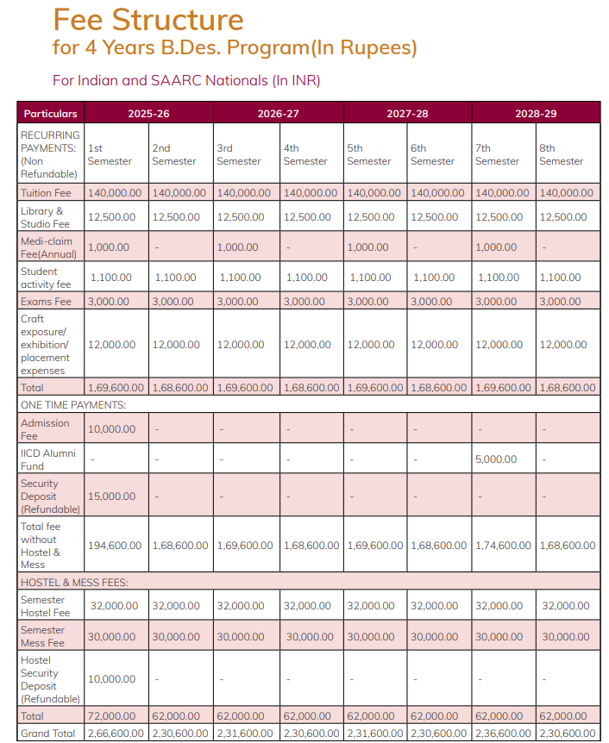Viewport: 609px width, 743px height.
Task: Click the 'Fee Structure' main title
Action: (148, 19)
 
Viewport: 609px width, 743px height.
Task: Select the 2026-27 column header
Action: (278, 113)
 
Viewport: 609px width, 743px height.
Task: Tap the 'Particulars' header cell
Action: (50, 113)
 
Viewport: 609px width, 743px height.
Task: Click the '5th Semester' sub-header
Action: (368, 154)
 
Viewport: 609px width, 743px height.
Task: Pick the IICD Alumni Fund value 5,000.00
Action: (496, 459)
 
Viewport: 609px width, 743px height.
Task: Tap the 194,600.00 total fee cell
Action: (115, 546)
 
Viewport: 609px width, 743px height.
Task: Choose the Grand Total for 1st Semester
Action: (116, 733)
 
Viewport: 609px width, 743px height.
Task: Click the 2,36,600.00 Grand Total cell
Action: (503, 733)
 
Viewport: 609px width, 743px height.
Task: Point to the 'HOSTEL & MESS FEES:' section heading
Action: (74, 583)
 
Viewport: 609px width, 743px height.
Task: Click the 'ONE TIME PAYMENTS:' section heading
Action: (73, 404)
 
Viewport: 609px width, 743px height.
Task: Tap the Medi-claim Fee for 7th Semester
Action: (496, 247)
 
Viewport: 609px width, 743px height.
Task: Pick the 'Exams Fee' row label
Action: (46, 302)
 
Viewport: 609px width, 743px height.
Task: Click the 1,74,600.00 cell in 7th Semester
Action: (503, 546)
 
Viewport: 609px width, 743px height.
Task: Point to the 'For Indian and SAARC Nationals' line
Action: (186, 80)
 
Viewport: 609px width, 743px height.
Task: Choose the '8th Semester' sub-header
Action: (561, 154)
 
